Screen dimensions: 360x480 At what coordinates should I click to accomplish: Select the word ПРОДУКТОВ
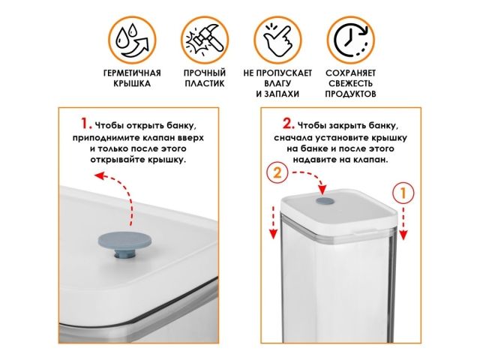(x=350, y=94)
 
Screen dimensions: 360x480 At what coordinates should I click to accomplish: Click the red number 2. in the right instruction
(x=287, y=123)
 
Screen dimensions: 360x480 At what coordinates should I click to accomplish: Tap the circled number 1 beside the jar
(x=403, y=192)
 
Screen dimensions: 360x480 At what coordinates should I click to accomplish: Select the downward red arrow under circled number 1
(x=403, y=221)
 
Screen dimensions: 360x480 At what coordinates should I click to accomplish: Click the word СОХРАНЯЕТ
(x=350, y=73)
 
